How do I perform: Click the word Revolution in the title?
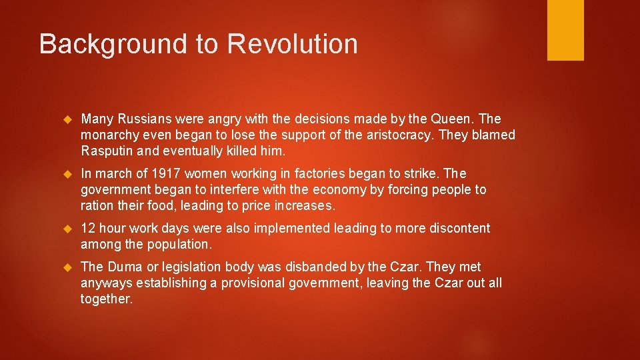click(x=292, y=45)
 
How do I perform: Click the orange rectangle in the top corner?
click(x=565, y=30)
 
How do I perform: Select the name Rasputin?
click(x=107, y=151)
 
